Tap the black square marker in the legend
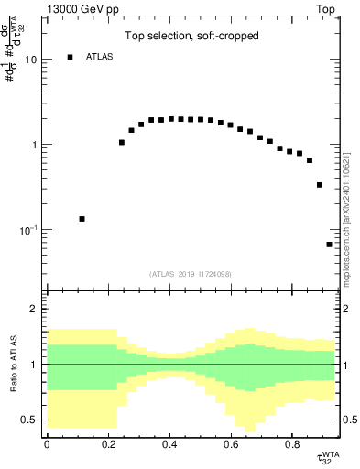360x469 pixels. (x=70, y=57)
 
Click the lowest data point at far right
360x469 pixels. (x=329, y=245)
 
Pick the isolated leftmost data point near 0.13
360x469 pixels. (x=82, y=219)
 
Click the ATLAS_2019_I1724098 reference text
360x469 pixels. (x=190, y=274)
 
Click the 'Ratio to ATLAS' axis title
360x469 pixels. (x=12, y=364)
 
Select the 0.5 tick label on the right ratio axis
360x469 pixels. (x=349, y=420)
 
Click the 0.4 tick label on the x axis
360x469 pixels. (x=169, y=444)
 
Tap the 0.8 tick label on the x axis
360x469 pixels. (x=291, y=444)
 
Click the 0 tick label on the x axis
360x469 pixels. (x=47, y=444)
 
